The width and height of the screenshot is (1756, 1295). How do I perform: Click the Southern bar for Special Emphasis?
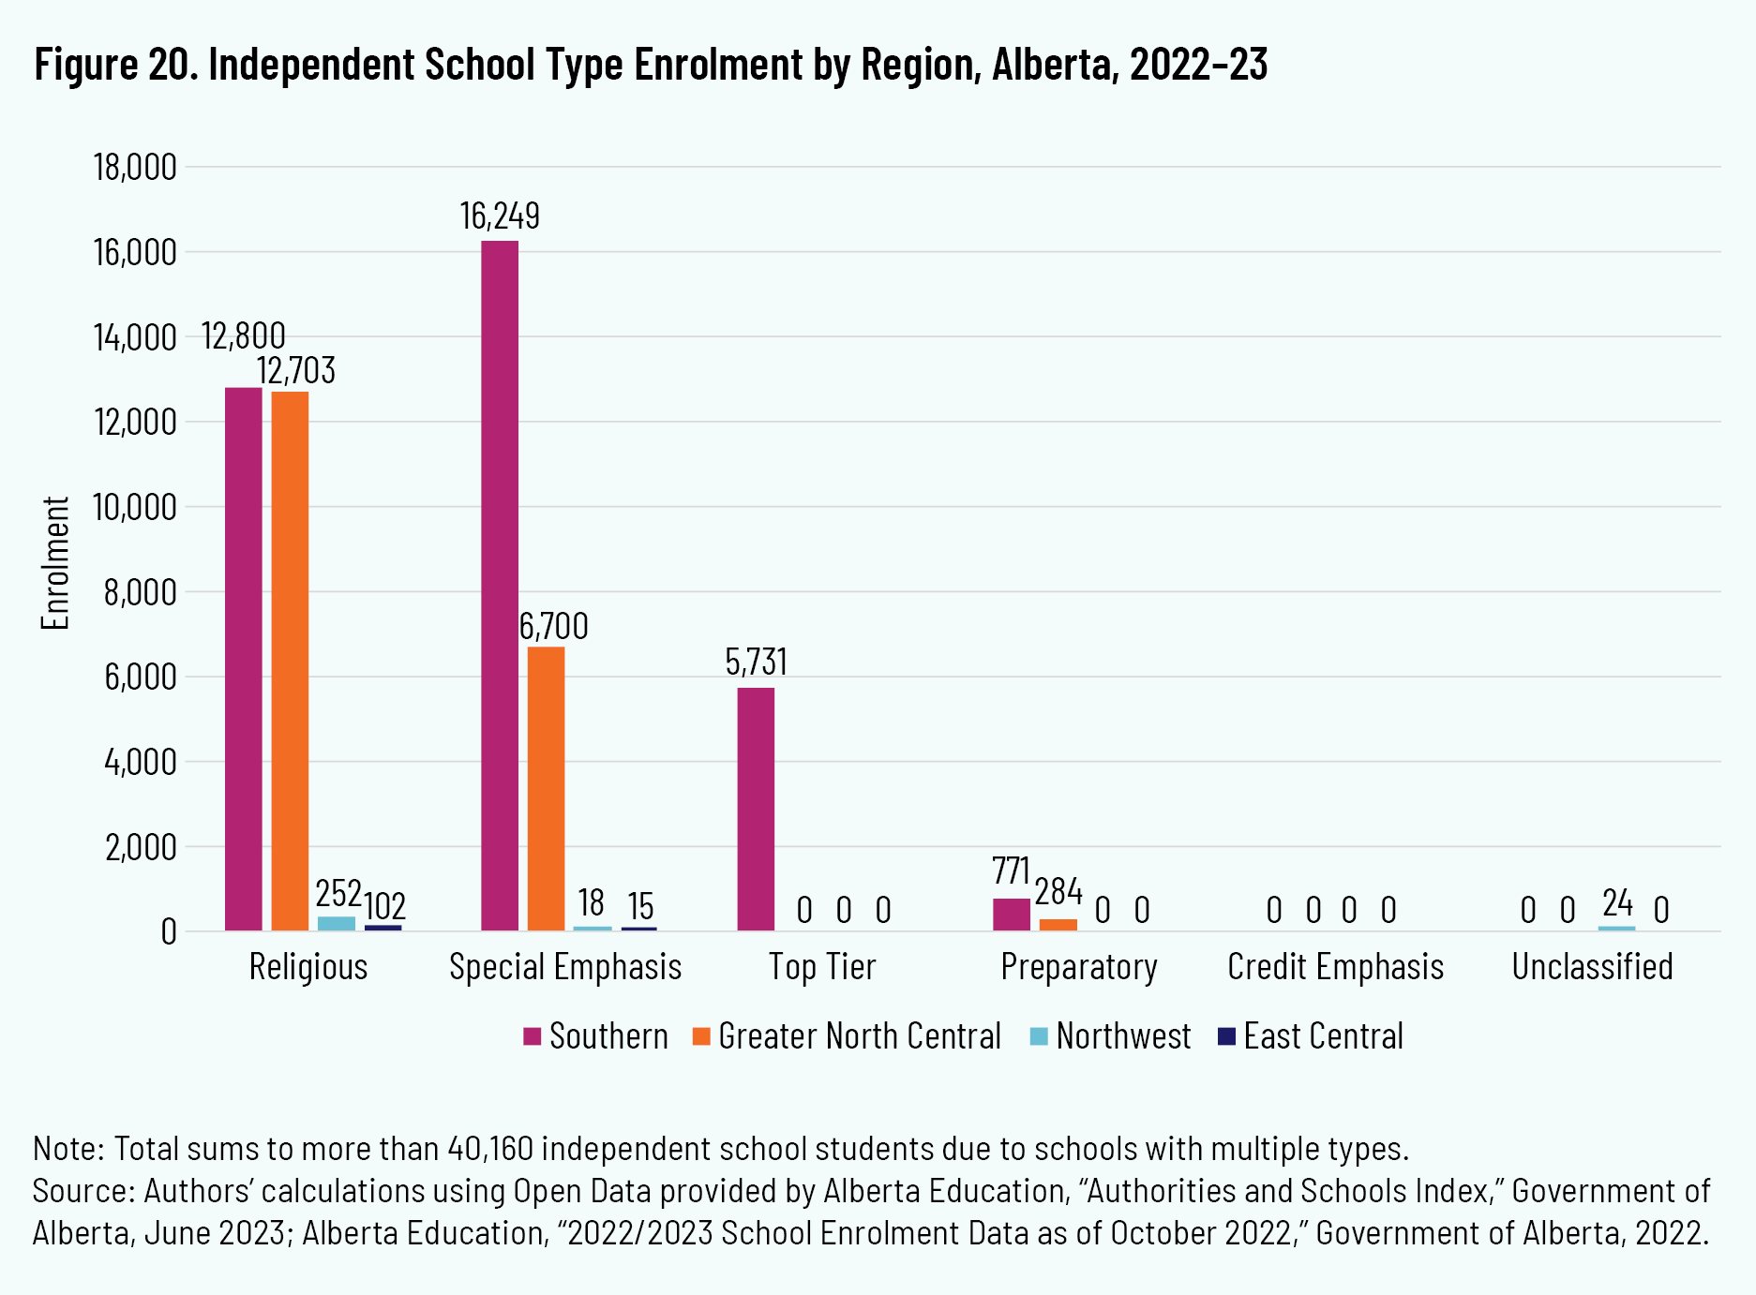tap(500, 586)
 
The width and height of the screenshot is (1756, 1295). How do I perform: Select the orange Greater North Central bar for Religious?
tap(290, 661)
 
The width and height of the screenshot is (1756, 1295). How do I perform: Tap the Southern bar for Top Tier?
tap(756, 809)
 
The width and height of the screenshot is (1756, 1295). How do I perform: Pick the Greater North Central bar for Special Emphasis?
tap(546, 788)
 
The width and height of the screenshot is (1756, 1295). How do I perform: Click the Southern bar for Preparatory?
tap(1011, 915)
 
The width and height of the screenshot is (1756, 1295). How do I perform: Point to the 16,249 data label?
tap(500, 216)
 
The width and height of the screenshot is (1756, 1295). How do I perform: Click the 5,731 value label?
tap(756, 662)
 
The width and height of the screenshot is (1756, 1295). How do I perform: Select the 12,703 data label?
tap(296, 371)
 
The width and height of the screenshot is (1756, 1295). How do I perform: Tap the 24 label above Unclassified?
tap(1617, 903)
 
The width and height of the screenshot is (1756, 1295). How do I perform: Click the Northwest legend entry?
tap(1123, 1036)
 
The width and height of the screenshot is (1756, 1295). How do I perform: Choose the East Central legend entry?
tap(1323, 1036)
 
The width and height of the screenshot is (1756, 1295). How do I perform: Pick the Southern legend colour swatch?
tap(533, 1036)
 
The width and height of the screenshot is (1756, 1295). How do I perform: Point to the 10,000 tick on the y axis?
tap(135, 507)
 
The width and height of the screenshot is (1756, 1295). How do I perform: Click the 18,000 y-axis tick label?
tap(135, 168)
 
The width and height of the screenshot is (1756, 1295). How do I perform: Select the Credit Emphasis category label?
tap(1335, 967)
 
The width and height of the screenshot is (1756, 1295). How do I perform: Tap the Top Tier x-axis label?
tap(822, 967)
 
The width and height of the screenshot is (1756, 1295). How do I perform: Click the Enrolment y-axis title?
tap(56, 563)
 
